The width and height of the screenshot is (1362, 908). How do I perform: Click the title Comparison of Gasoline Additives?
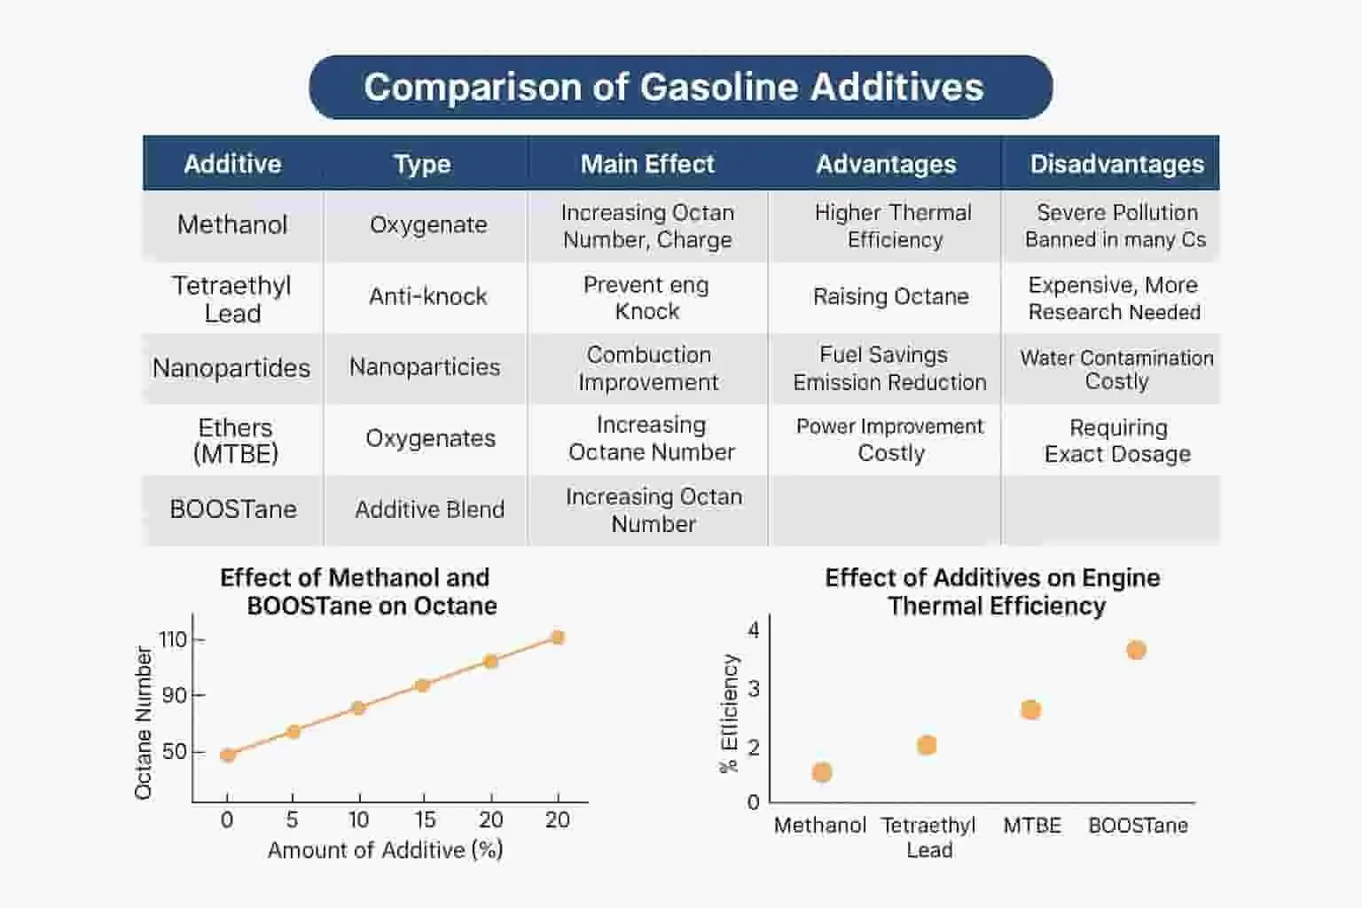click(674, 87)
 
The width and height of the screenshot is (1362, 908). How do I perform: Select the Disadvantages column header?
click(1117, 164)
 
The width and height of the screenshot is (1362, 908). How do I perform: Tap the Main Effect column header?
click(647, 164)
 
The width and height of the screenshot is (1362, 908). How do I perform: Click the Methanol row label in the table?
click(232, 225)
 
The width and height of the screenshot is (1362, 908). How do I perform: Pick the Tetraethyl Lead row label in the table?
click(232, 299)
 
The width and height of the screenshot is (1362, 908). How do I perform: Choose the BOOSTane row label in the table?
click(233, 509)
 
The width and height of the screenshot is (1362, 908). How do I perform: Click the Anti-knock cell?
click(428, 297)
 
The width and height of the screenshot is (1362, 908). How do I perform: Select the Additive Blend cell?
click(429, 510)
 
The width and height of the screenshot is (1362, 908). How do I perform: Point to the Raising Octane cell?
click(891, 297)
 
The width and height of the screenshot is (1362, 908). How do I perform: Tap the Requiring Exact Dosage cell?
click(1117, 441)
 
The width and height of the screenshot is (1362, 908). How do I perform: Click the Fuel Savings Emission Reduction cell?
click(889, 369)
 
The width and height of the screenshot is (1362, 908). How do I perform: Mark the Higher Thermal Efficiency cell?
click(894, 226)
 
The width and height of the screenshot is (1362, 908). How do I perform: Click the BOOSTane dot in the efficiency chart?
click(1136, 650)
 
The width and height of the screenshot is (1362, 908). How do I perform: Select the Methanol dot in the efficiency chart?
click(821, 772)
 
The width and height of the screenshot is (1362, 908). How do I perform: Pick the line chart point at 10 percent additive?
click(359, 708)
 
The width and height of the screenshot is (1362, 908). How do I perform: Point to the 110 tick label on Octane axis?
click(172, 640)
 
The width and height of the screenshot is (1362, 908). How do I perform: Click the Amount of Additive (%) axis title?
click(386, 850)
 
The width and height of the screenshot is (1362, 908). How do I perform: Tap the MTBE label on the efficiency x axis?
click(1032, 826)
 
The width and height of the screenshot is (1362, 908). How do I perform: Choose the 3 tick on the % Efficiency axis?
click(754, 689)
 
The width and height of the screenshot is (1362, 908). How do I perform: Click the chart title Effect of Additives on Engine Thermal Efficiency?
click(993, 591)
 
